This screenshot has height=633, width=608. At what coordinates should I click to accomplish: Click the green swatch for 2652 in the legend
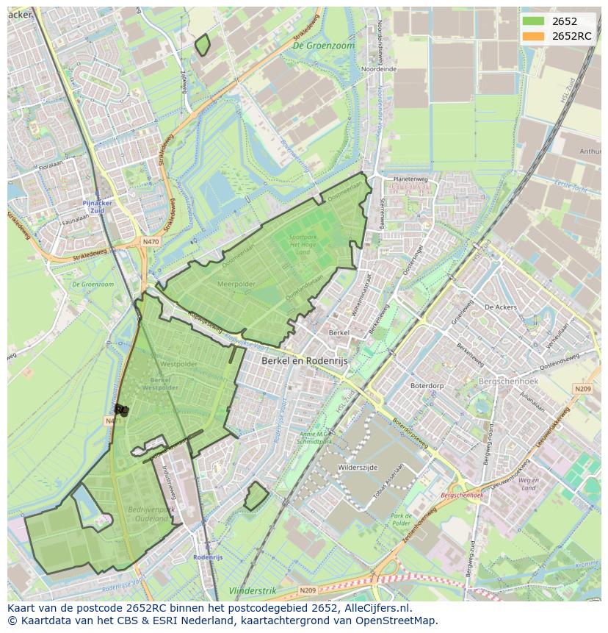[534, 21]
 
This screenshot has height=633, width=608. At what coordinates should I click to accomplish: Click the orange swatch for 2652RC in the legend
[534, 36]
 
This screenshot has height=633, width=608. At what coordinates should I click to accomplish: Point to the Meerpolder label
[236, 282]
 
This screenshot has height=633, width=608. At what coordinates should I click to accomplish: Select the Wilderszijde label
[359, 467]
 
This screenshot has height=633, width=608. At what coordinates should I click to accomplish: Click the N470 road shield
[151, 241]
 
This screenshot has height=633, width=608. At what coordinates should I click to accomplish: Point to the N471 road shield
[112, 421]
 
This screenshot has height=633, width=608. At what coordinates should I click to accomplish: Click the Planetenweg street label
[410, 179]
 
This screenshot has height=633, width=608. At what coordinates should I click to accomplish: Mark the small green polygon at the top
[203, 45]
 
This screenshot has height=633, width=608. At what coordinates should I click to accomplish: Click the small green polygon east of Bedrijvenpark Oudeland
[256, 496]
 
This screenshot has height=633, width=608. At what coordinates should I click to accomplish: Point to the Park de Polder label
[402, 520]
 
